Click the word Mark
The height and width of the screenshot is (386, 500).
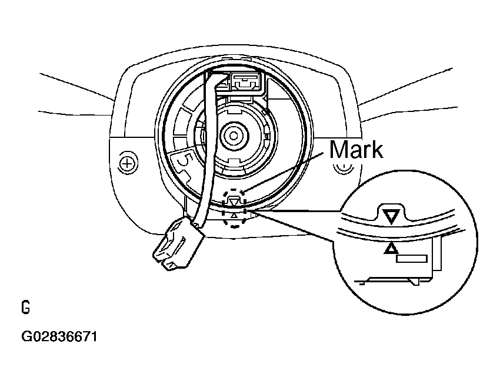356,150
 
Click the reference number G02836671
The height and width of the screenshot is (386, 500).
59,337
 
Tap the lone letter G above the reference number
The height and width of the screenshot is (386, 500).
25,308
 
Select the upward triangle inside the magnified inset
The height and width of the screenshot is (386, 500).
389,249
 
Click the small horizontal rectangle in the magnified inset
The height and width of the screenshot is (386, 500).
411,258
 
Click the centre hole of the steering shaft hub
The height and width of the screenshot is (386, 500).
234,136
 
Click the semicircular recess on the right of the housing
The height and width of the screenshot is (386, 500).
342,168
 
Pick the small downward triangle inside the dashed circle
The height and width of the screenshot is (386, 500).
235,202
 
